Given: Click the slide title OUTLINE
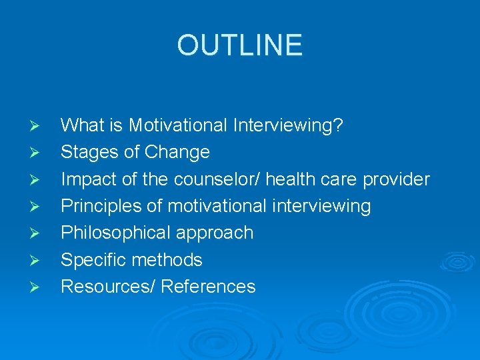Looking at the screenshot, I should (x=239, y=45).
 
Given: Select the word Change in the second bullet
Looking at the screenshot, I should (x=177, y=152).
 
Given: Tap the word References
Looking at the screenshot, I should (x=208, y=287).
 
